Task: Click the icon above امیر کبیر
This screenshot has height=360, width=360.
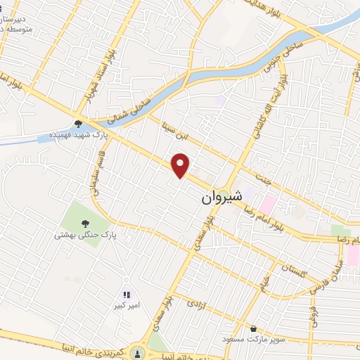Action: click(127, 296)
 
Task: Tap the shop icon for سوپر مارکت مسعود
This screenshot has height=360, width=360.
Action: click(254, 328)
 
